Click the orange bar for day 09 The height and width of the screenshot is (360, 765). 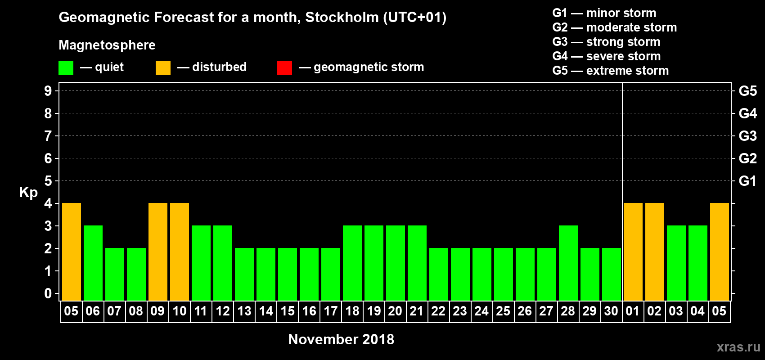pos(158,252)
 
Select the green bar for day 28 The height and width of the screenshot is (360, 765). pos(568,263)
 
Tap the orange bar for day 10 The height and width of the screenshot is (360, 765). pos(180,252)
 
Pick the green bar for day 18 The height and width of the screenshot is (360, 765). pos(352,263)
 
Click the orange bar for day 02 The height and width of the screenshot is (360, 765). pos(655,252)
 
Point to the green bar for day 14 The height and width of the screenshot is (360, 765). pos(266,274)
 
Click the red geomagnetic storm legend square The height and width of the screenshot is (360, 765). pos(284,68)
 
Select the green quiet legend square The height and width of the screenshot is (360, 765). pos(66,68)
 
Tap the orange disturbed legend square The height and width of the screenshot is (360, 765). pos(163,68)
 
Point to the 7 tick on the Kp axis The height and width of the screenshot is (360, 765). pos(48,136)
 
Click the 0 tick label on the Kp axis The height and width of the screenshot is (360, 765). pos(48,293)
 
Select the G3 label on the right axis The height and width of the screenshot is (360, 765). pos(747,136)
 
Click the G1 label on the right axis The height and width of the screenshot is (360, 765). pos(747,181)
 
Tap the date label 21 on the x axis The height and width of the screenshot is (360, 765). pos(417,311)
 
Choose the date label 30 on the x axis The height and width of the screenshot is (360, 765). pos(611,311)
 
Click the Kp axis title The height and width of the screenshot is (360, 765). pos(28,192)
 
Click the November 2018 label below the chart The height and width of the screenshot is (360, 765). pos(341,339)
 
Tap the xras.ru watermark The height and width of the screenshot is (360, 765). pos(738,347)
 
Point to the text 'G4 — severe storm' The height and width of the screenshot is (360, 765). pos(607,56)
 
